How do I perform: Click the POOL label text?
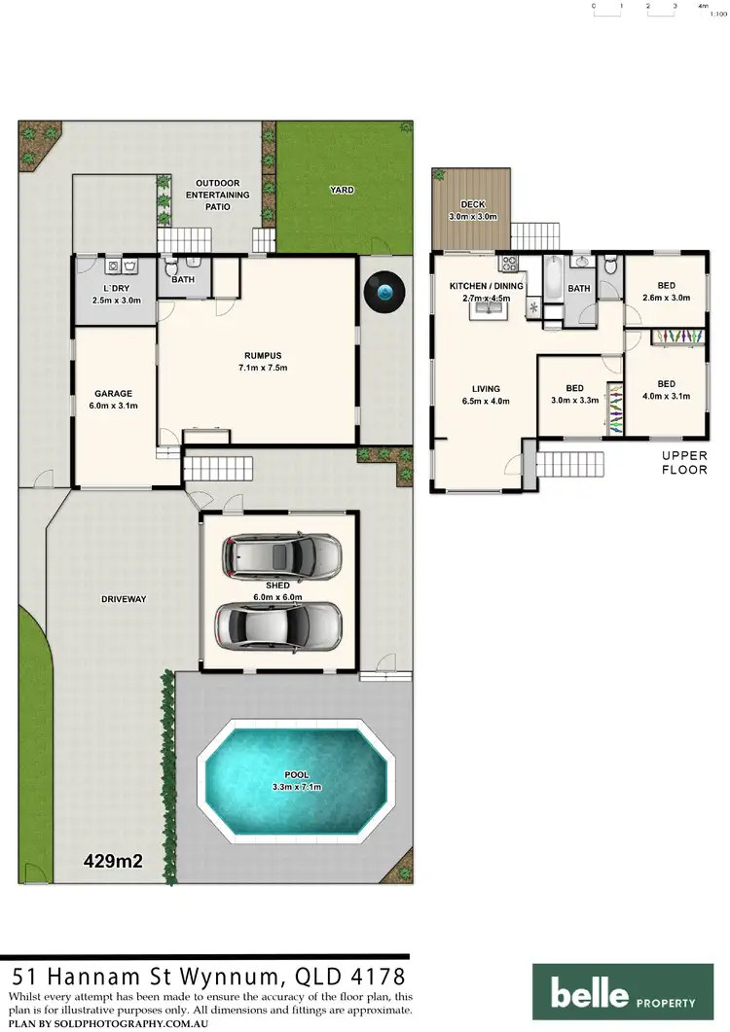click(296, 775)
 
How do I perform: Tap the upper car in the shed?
click(281, 556)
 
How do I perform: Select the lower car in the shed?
click(279, 624)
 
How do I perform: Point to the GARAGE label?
click(113, 394)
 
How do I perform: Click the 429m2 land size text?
click(120, 860)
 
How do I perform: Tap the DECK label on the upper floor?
click(472, 204)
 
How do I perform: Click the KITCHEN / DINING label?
click(486, 286)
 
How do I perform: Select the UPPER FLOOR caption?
click(684, 462)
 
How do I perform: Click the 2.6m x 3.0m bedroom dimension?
click(667, 298)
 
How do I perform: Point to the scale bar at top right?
click(648, 8)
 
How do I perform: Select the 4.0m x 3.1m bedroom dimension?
click(667, 396)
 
